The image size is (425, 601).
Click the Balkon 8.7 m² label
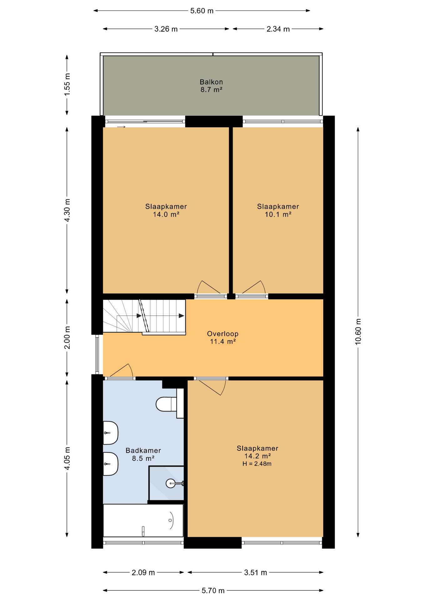(x=211, y=86)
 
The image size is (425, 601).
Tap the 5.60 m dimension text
(x=202, y=11)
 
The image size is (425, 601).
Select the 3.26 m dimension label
(x=166, y=29)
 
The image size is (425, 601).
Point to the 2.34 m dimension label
(x=278, y=29)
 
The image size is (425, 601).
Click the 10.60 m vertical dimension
(x=358, y=332)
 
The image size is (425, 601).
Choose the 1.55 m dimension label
(x=67, y=85)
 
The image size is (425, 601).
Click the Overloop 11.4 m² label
(x=223, y=337)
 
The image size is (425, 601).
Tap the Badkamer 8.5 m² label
(x=143, y=454)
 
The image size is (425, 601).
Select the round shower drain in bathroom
(x=171, y=483)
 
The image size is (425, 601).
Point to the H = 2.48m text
(x=257, y=464)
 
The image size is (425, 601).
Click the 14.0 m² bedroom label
(x=166, y=210)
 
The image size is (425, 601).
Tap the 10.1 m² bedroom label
(x=278, y=210)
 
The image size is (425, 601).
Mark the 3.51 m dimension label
(x=255, y=573)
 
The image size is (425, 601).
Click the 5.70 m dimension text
(x=213, y=591)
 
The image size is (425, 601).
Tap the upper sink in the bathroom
(x=110, y=433)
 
